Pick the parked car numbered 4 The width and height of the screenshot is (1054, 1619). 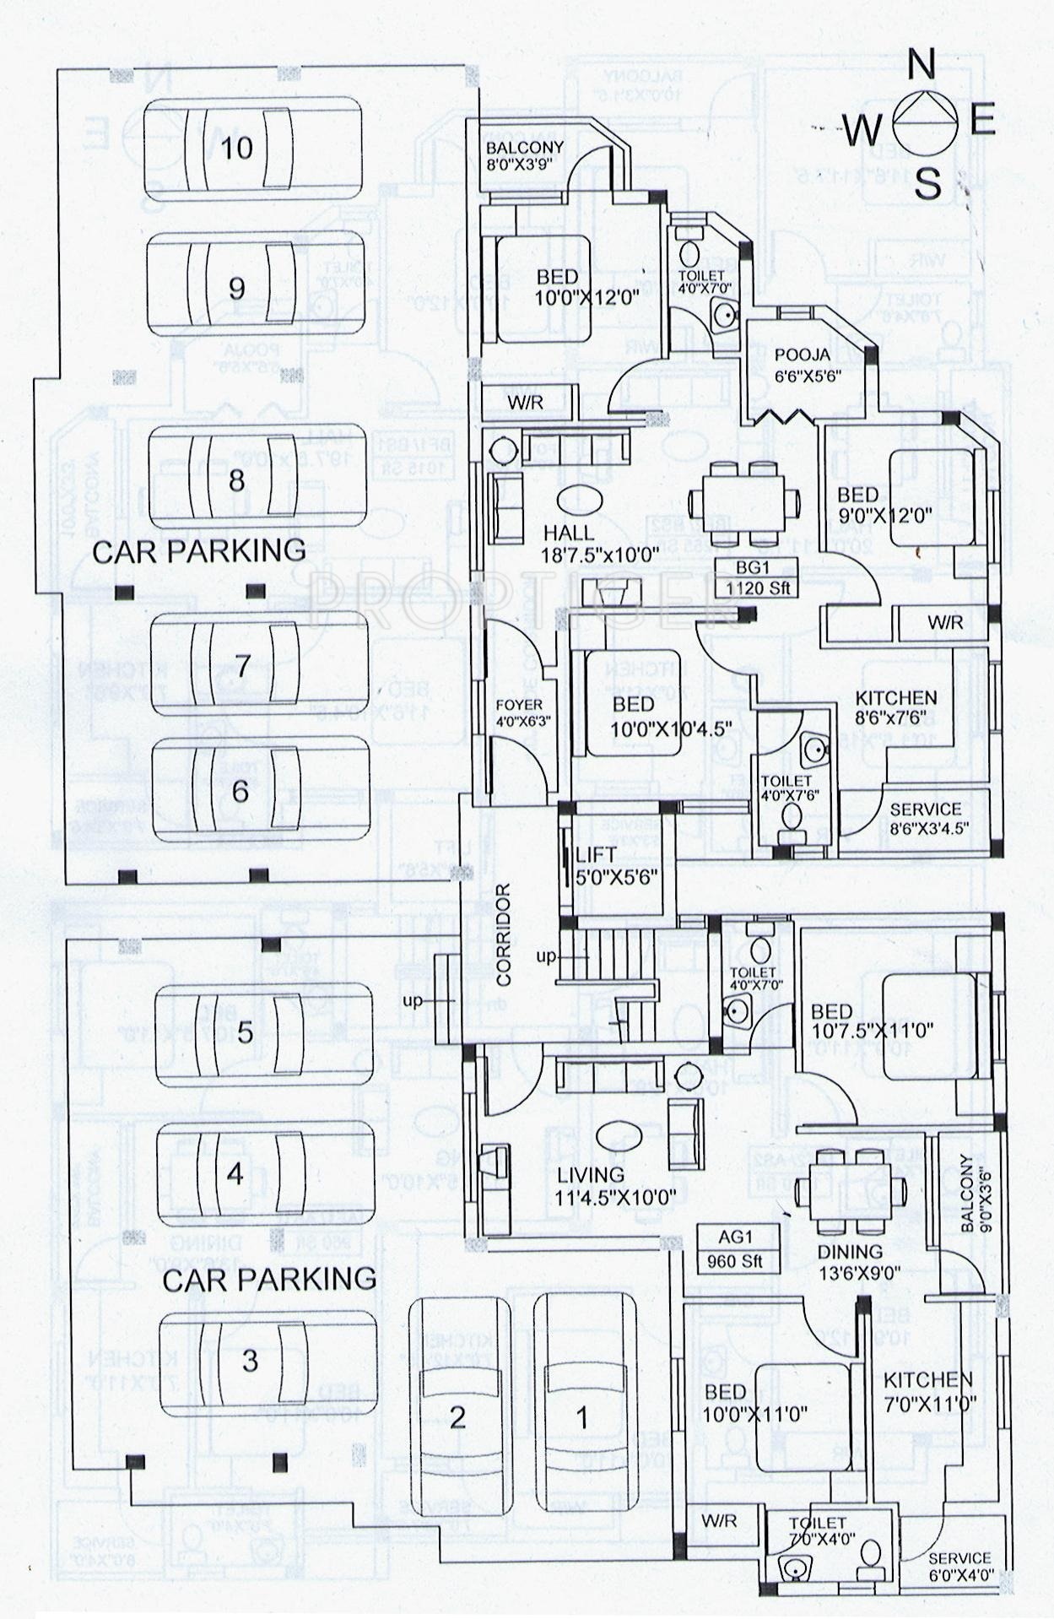pyautogui.click(x=265, y=1173)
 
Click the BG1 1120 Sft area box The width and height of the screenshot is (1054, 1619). pyautogui.click(x=759, y=577)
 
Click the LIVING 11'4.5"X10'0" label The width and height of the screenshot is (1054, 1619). pyautogui.click(x=616, y=1185)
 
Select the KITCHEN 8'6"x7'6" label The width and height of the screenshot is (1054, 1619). pyautogui.click(x=896, y=707)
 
